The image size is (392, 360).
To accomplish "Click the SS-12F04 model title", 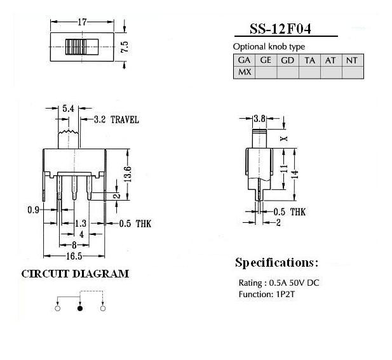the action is (x=280, y=29).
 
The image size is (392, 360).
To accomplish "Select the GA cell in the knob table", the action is (x=244, y=60).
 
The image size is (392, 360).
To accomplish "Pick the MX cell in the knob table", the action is (x=244, y=72).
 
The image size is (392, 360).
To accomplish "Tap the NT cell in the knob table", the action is (x=352, y=60).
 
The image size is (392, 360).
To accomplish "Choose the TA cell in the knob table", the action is (x=309, y=60).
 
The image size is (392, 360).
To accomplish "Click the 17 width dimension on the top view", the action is (x=82, y=22).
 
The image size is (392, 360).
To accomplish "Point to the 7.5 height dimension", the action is (x=125, y=47).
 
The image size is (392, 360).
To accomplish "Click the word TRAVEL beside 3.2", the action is (x=125, y=119).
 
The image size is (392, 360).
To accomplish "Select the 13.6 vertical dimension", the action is (x=127, y=174).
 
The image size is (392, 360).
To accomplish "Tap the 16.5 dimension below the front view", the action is (x=74, y=256).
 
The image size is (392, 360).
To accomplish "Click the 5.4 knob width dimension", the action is (x=68, y=109).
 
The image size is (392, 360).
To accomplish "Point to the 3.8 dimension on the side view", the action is (x=259, y=119).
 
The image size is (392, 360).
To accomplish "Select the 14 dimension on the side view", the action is (x=295, y=174).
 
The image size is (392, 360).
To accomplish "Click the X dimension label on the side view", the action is (x=284, y=138).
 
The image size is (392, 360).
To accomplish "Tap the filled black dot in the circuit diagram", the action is (x=80, y=309).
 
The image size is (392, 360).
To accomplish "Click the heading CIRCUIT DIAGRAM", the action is (x=75, y=274).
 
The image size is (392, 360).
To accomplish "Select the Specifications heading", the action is (x=277, y=263).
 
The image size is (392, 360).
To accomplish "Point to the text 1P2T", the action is (x=285, y=295).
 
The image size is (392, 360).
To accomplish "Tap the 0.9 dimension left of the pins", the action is (x=34, y=210).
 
